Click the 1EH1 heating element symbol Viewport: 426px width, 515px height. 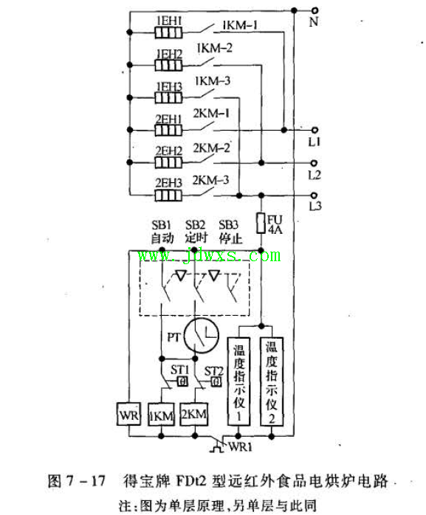168,33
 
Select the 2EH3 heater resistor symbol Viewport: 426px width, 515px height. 168,196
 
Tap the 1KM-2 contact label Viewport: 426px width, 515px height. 214,48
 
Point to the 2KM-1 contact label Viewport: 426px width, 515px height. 210,114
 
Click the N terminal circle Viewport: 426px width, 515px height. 315,10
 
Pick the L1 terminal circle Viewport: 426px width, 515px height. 315,130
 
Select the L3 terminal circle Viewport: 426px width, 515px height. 315,196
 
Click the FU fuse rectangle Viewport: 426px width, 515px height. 261,223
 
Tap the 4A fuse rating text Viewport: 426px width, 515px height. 275,229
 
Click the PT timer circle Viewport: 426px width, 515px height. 201,336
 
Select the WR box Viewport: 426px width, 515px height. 129,414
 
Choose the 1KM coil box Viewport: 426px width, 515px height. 161,415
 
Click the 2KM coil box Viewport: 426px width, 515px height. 194,414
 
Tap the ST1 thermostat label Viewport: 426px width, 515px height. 179,370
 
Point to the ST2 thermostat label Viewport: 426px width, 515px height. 214,371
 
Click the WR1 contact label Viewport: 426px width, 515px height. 240,447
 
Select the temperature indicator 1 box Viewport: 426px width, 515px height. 238,381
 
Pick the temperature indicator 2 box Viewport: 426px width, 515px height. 272,381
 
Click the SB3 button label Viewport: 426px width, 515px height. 228,225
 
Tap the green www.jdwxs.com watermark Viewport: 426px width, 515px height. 210,255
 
